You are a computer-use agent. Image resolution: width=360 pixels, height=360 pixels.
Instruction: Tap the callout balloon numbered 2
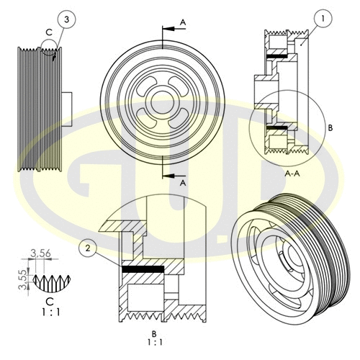tap(87, 249)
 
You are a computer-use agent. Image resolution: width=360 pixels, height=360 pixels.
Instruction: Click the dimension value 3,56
tap(40, 253)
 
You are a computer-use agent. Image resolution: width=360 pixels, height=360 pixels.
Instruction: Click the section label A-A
tap(292, 174)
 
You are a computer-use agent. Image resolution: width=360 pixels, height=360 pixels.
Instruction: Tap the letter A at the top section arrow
tap(183, 23)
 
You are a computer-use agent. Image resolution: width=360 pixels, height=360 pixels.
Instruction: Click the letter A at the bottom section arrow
tap(183, 183)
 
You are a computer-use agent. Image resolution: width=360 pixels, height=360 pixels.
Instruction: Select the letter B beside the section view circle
tap(330, 127)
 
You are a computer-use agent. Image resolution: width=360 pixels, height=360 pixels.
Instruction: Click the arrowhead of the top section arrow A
tap(165, 30)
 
